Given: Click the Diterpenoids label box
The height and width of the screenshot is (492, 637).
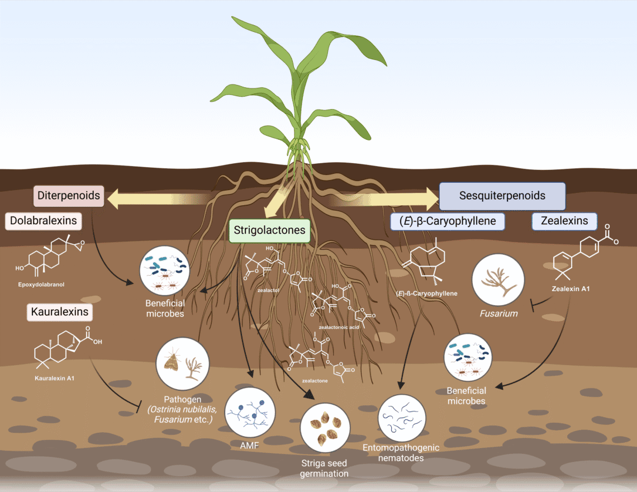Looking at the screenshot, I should click(70, 196).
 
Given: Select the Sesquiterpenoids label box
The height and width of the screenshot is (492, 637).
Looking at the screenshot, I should click(502, 196).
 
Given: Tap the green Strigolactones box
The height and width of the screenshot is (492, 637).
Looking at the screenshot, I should click(269, 230).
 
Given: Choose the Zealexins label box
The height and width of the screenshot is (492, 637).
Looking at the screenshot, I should click(564, 221).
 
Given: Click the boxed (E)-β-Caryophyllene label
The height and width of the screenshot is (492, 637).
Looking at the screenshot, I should click(447, 221).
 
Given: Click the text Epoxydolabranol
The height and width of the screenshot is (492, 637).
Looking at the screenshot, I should click(41, 285).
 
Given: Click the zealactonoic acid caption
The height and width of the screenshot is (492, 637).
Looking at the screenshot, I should click(339, 327).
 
